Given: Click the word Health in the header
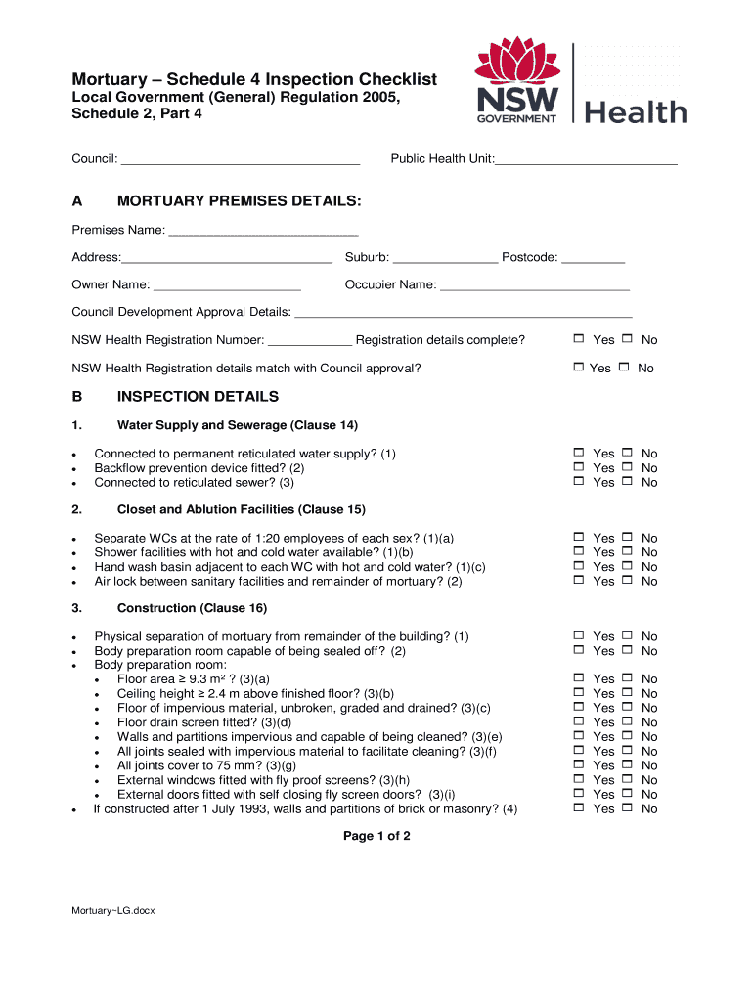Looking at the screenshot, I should click(x=636, y=111).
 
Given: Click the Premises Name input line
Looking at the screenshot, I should click(x=263, y=232).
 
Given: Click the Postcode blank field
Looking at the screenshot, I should click(x=593, y=259).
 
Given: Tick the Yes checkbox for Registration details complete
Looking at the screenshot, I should click(x=579, y=339).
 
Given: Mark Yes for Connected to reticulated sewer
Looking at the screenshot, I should click(x=579, y=482).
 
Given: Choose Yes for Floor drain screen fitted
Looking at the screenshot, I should click(x=579, y=721).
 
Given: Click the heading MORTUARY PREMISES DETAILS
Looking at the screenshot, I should click(x=239, y=201).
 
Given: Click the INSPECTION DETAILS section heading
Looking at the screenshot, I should click(x=198, y=397).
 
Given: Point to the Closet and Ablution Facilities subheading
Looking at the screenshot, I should click(x=241, y=509).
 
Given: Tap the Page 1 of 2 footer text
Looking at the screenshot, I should click(x=376, y=836).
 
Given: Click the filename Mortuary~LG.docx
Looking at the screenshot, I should click(x=113, y=910).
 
